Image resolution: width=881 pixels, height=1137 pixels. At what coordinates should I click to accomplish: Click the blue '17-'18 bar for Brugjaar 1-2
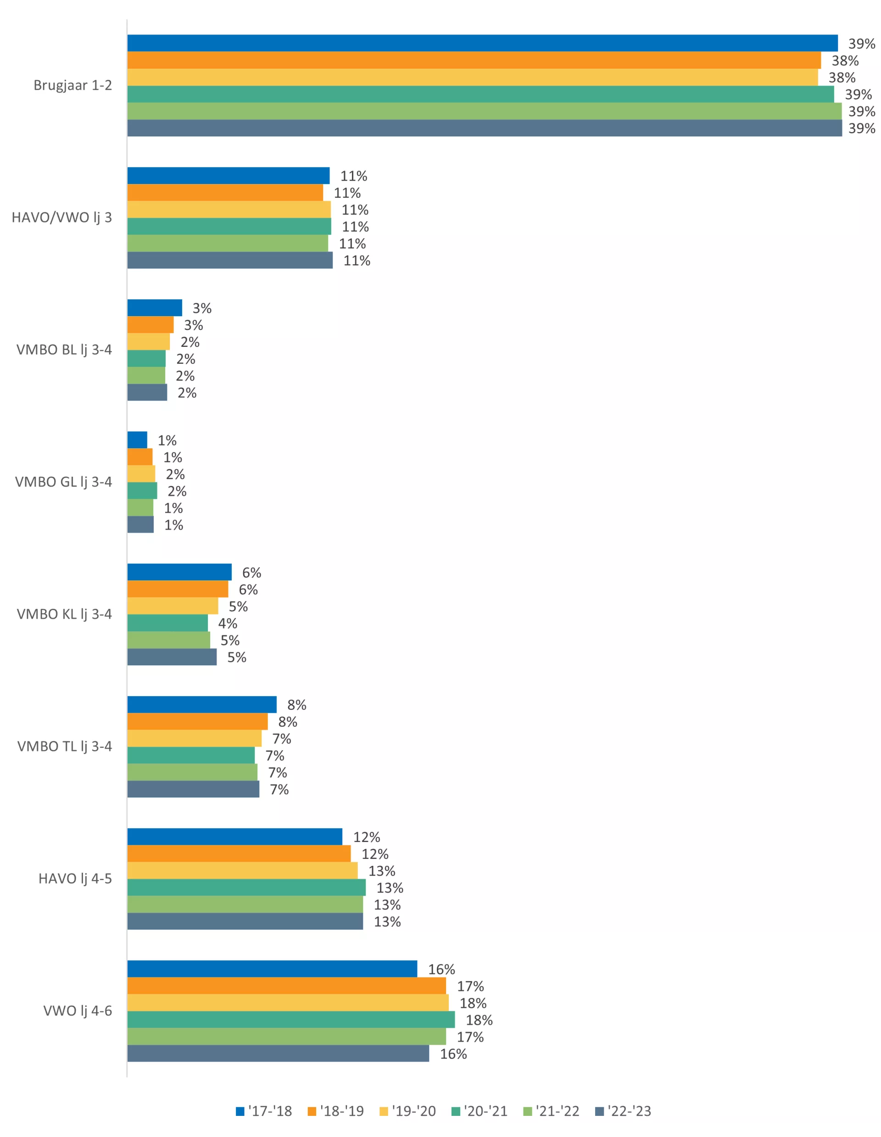pyautogui.click(x=482, y=43)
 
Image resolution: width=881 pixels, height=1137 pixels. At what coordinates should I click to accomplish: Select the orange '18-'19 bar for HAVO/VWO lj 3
pyautogui.click(x=225, y=193)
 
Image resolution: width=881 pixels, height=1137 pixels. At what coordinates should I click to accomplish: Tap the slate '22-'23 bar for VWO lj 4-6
pyautogui.click(x=278, y=1053)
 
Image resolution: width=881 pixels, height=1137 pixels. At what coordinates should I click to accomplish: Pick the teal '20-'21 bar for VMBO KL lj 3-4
pyautogui.click(x=167, y=623)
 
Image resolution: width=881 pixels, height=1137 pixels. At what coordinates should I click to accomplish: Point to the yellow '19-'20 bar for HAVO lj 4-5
pyautogui.click(x=242, y=871)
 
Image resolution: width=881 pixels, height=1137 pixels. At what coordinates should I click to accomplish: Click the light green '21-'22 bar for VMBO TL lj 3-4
pyautogui.click(x=192, y=772)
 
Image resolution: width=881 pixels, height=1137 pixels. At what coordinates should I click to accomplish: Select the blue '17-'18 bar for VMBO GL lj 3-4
pyautogui.click(x=137, y=440)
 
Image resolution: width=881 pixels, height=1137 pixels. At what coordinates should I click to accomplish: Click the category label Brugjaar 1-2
pyautogui.click(x=72, y=85)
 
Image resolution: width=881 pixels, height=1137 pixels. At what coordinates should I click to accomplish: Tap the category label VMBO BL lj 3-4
pyautogui.click(x=64, y=350)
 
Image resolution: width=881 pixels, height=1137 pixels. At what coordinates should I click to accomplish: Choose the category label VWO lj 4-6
pyautogui.click(x=78, y=1011)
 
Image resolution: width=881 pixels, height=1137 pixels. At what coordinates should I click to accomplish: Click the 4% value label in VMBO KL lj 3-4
pyautogui.click(x=228, y=624)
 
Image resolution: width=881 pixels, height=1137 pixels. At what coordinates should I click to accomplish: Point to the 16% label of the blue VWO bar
pyautogui.click(x=441, y=970)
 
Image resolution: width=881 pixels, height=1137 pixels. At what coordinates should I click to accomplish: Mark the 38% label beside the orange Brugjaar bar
pyautogui.click(x=845, y=61)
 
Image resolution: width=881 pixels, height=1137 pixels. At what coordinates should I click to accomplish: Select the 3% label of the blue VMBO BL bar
pyautogui.click(x=202, y=309)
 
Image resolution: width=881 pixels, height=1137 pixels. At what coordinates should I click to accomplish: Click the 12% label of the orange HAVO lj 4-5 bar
pyautogui.click(x=375, y=854)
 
